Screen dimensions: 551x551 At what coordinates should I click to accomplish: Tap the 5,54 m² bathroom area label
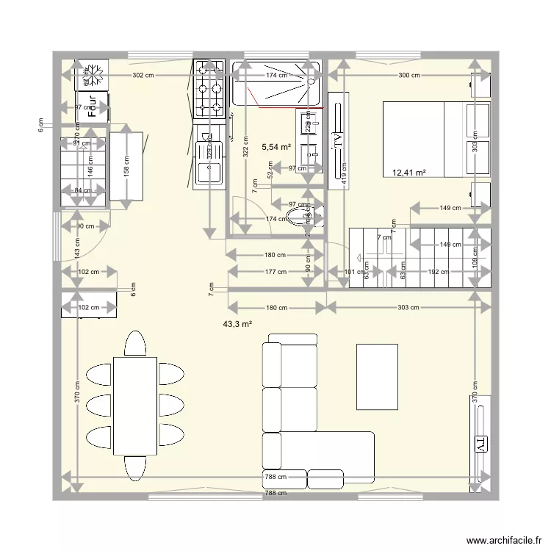[275, 148]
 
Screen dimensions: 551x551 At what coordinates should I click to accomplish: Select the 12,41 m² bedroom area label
[409, 173]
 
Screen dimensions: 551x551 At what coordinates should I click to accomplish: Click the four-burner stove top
[208, 99]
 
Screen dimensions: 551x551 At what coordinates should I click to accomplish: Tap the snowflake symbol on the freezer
[94, 74]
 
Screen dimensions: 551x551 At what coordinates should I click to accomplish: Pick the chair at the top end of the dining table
[134, 343]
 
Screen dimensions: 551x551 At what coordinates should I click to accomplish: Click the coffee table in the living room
[378, 376]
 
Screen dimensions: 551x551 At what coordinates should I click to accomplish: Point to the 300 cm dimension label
[409, 76]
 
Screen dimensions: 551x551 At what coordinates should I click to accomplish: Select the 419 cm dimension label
[342, 171]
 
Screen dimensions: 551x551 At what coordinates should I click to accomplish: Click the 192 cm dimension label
[438, 271]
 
